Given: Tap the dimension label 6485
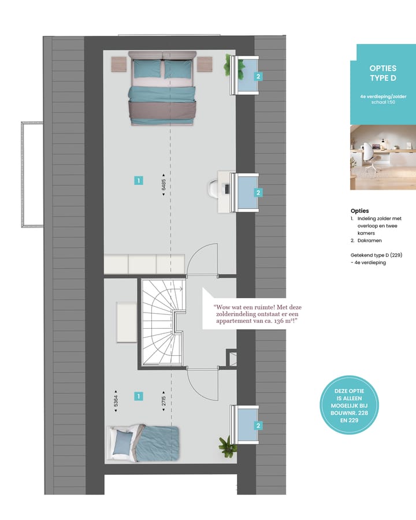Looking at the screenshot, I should pos(164,185).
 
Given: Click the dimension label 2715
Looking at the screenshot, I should pos(164,402).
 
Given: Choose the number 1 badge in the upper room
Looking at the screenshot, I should pos(138,180).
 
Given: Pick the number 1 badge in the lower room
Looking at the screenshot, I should pos(138,396).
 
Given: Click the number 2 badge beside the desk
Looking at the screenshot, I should pos(259,192).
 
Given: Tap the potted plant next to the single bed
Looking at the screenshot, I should pos(228,446).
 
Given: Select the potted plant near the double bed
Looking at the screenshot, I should pos(235,66).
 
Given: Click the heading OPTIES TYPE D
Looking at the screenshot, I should pos(382,73).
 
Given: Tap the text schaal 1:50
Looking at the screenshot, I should pos(382,101).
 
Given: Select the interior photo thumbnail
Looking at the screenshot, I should pos(382,157).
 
